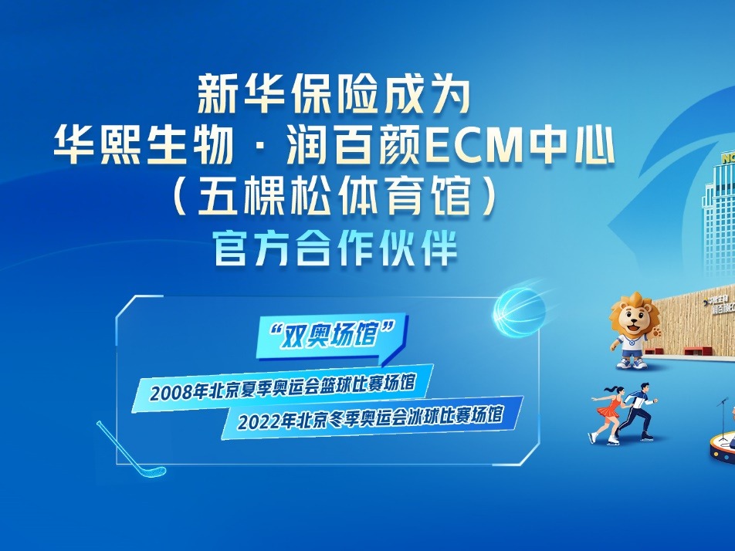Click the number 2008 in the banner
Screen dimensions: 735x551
(x=171, y=393)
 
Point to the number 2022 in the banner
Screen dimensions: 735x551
(x=259, y=421)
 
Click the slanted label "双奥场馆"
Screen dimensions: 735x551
(x=332, y=335)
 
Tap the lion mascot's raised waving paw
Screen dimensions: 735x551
(x=655, y=333)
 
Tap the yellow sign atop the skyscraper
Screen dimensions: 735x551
(x=727, y=159)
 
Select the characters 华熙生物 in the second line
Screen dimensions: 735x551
(x=144, y=146)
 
